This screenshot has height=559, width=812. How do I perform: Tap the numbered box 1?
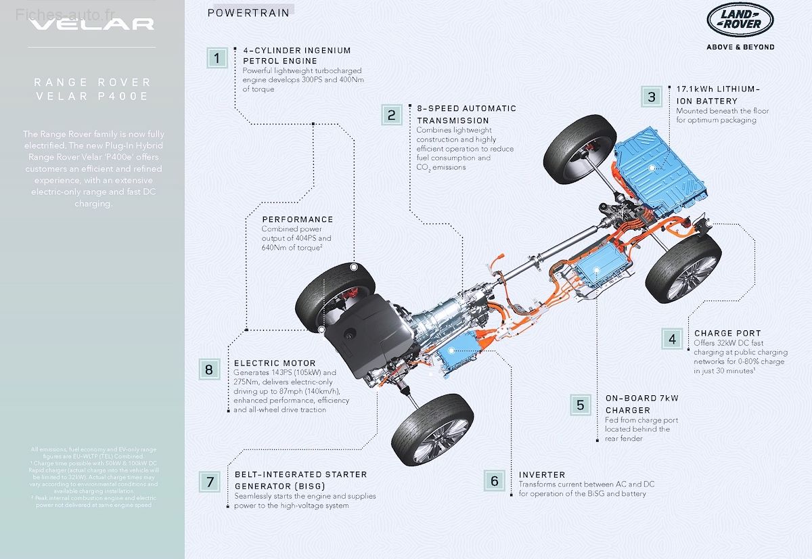(217, 58)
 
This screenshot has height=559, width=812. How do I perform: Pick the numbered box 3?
(652, 97)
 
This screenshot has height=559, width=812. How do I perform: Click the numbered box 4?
(672, 339)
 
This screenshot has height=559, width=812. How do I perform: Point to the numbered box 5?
(580, 405)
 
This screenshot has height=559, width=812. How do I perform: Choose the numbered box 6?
(495, 481)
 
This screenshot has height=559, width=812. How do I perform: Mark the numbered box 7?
(210, 482)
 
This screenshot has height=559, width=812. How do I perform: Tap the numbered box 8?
(208, 370)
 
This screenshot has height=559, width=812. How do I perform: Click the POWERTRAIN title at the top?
(248, 13)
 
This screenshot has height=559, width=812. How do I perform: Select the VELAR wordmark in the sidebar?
(92, 24)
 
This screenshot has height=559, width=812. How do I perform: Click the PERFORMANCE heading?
(297, 219)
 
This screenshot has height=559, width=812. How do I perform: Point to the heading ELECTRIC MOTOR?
(275, 363)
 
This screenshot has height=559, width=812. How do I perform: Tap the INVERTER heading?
(541, 475)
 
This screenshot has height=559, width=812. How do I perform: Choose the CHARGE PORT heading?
(727, 333)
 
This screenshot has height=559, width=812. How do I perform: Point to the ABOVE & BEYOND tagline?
(740, 47)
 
